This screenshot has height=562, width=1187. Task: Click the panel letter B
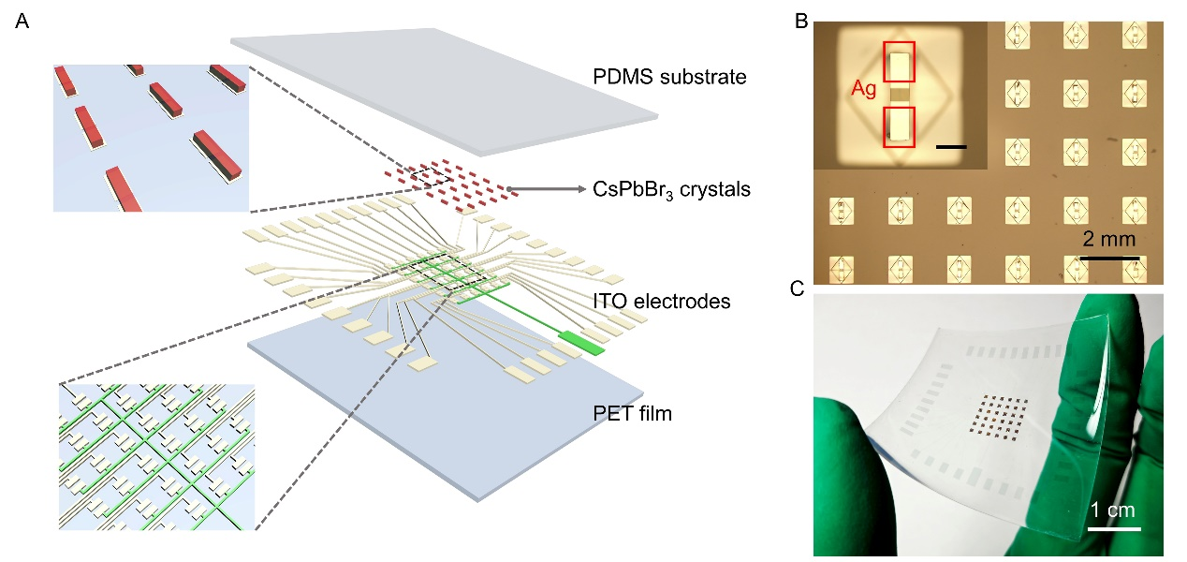click(801, 20)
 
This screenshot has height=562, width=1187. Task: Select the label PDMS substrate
click(670, 76)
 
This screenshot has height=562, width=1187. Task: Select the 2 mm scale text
click(1108, 238)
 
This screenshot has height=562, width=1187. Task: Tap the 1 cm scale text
click(1114, 510)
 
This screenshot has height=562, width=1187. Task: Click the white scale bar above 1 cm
click(1114, 528)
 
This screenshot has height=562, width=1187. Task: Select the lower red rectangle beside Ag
click(899, 126)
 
